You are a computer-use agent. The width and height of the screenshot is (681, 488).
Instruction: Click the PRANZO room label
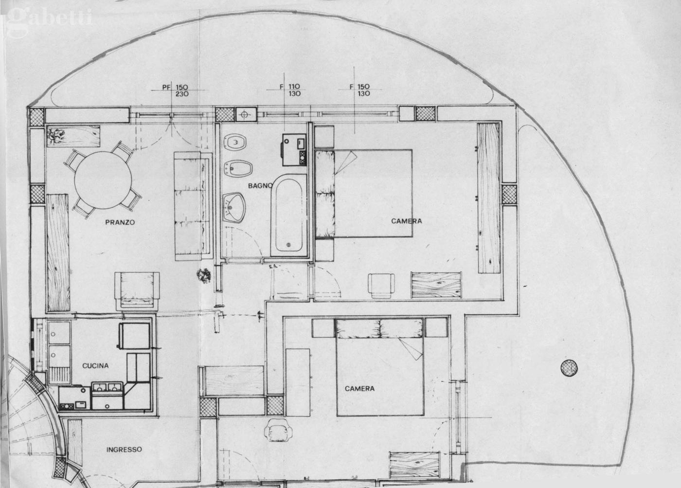[120, 222]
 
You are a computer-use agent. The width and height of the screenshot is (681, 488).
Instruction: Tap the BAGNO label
[260, 185]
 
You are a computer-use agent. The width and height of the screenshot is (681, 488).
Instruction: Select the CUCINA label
[95, 366]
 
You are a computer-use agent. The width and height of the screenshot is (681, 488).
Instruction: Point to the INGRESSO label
[124, 450]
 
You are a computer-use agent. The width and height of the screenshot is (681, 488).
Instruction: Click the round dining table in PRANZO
[103, 180]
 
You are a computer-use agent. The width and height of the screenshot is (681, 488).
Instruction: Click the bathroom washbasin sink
[233, 208]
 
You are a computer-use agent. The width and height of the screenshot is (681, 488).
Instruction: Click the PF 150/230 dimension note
[176, 90]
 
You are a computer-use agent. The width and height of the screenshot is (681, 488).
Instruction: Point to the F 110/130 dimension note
[290, 90]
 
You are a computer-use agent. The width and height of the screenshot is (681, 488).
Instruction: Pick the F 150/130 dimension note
[359, 90]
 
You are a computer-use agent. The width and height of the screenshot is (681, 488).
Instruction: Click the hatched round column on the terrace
[569, 368]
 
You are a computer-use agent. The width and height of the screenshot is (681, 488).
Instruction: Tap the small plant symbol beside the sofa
[204, 275]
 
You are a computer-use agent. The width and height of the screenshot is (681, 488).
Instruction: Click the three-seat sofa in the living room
[193, 206]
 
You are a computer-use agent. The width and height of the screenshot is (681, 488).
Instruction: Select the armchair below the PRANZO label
[137, 291]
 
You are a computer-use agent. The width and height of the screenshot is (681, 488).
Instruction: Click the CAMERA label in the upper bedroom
[407, 221]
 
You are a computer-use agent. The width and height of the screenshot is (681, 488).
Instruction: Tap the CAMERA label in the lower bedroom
[359, 389]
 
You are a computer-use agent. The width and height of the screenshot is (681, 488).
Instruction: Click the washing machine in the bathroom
[294, 149]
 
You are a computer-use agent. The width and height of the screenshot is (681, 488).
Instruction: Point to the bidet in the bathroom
[238, 168]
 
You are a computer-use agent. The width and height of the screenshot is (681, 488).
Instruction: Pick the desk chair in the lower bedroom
[278, 430]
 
